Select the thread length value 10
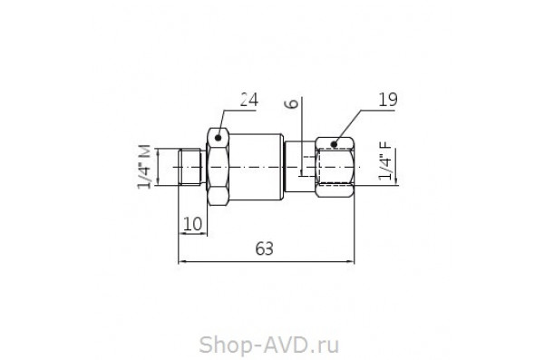tap(192, 223)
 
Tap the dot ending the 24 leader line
tap(218, 139)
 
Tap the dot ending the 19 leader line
tap(334, 143)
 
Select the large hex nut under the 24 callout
tap(218, 168)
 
